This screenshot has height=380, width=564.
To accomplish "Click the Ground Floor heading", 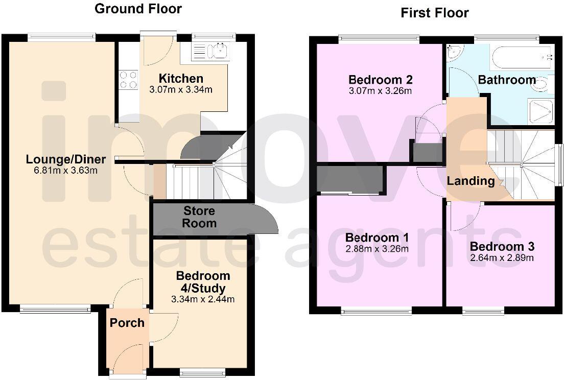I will (x=138, y=9).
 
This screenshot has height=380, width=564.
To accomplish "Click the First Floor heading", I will (x=434, y=13).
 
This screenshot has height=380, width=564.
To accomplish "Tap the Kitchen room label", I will (x=181, y=79).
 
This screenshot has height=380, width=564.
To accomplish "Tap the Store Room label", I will (x=199, y=217).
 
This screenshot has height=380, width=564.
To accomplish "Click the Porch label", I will (x=127, y=323).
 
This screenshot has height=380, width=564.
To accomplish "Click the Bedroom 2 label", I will (x=380, y=80).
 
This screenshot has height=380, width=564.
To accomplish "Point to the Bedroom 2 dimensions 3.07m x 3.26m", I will (x=380, y=91).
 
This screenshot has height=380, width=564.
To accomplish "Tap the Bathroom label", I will (x=507, y=80).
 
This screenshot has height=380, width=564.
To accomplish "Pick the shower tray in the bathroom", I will (x=540, y=111).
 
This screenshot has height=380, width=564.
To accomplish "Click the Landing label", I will (x=471, y=181).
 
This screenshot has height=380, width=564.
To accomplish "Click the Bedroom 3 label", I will (x=502, y=246).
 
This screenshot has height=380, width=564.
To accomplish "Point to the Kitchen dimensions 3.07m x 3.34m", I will (x=181, y=90).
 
